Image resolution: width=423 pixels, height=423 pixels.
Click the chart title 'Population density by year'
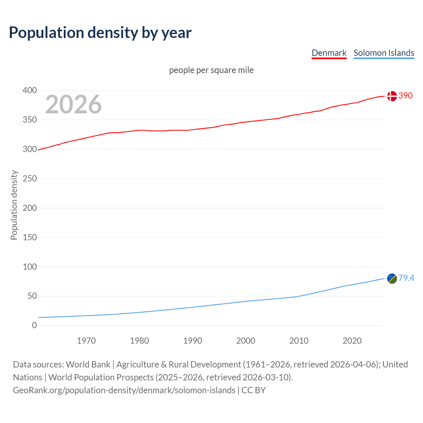100,32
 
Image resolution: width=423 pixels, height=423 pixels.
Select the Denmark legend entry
329,53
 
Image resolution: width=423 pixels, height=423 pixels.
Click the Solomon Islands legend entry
384,53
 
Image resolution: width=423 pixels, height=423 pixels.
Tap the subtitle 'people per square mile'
211,70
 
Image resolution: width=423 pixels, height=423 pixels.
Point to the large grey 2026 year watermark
73,104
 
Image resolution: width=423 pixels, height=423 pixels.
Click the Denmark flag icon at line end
392,96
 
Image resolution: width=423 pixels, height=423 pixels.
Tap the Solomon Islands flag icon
392,278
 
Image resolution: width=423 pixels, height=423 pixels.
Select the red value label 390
405,96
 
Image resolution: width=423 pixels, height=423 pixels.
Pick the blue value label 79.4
406,278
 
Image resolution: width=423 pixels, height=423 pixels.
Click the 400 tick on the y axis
30,90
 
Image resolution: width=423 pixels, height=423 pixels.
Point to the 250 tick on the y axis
30,178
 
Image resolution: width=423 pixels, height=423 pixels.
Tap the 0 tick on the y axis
34,325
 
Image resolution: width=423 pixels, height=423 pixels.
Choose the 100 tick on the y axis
30,266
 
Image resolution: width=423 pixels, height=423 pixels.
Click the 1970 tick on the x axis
86,341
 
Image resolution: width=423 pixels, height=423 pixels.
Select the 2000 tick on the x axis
246,341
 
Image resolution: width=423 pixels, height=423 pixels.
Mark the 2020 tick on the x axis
352,341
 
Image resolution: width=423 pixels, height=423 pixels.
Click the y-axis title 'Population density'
14,205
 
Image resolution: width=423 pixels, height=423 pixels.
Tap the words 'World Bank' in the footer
88,364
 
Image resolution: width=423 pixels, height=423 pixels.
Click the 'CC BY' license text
253,390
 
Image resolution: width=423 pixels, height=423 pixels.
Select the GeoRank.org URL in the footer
124,390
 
